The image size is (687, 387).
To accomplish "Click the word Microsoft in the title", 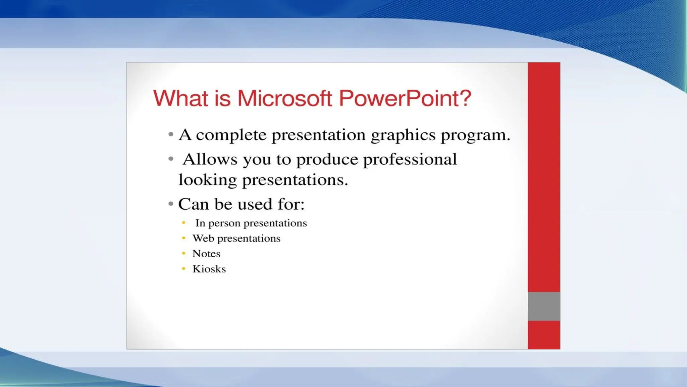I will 284,98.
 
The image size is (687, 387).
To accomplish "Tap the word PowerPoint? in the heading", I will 405,98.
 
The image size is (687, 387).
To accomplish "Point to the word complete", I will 231,135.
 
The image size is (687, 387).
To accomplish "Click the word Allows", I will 210,159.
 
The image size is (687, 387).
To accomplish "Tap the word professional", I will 410,159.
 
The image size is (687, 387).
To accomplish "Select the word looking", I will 207,180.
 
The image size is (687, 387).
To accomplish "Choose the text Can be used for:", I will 241,204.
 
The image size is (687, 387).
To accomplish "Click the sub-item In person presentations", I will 251,223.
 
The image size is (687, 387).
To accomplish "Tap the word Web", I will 203,238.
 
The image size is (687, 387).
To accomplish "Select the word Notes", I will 206,254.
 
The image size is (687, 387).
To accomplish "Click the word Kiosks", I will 209,269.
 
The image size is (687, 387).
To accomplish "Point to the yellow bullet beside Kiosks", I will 183,269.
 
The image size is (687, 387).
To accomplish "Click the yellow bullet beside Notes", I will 183,253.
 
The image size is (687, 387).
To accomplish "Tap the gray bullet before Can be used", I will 171,204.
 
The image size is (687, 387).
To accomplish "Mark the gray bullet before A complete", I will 171,134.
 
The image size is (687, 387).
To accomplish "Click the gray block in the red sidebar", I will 544,306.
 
